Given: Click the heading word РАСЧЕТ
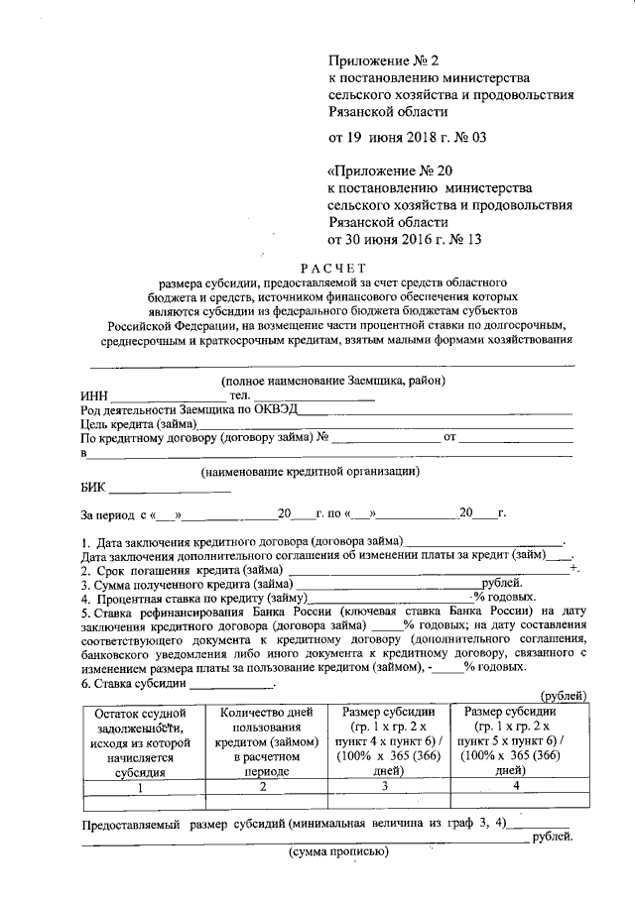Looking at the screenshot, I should click(334, 267).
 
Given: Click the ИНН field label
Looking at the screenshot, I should click(95, 395).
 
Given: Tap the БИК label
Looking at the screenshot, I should click(93, 488).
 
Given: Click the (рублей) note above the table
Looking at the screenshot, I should click(561, 697).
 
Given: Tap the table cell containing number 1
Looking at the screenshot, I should click(140, 787).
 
